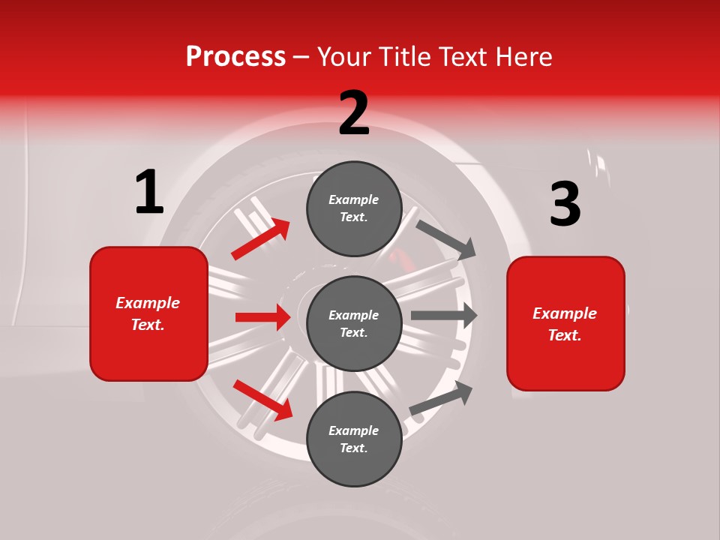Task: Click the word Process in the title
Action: [x=235, y=57]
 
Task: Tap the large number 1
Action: [x=149, y=193]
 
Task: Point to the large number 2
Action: [x=354, y=113]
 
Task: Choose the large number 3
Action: [x=565, y=205]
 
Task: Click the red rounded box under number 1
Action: [x=148, y=313]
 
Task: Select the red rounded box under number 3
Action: [x=565, y=324]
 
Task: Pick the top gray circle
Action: [x=354, y=208]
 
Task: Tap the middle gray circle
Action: [x=354, y=323]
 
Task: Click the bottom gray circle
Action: [x=354, y=439]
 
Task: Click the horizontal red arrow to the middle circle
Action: [x=263, y=317]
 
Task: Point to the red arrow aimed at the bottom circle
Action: [x=263, y=399]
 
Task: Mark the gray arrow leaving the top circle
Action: [x=447, y=239]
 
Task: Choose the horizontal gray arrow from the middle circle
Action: [x=444, y=316]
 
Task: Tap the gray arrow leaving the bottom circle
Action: [x=441, y=397]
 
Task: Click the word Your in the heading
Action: [x=345, y=57]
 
